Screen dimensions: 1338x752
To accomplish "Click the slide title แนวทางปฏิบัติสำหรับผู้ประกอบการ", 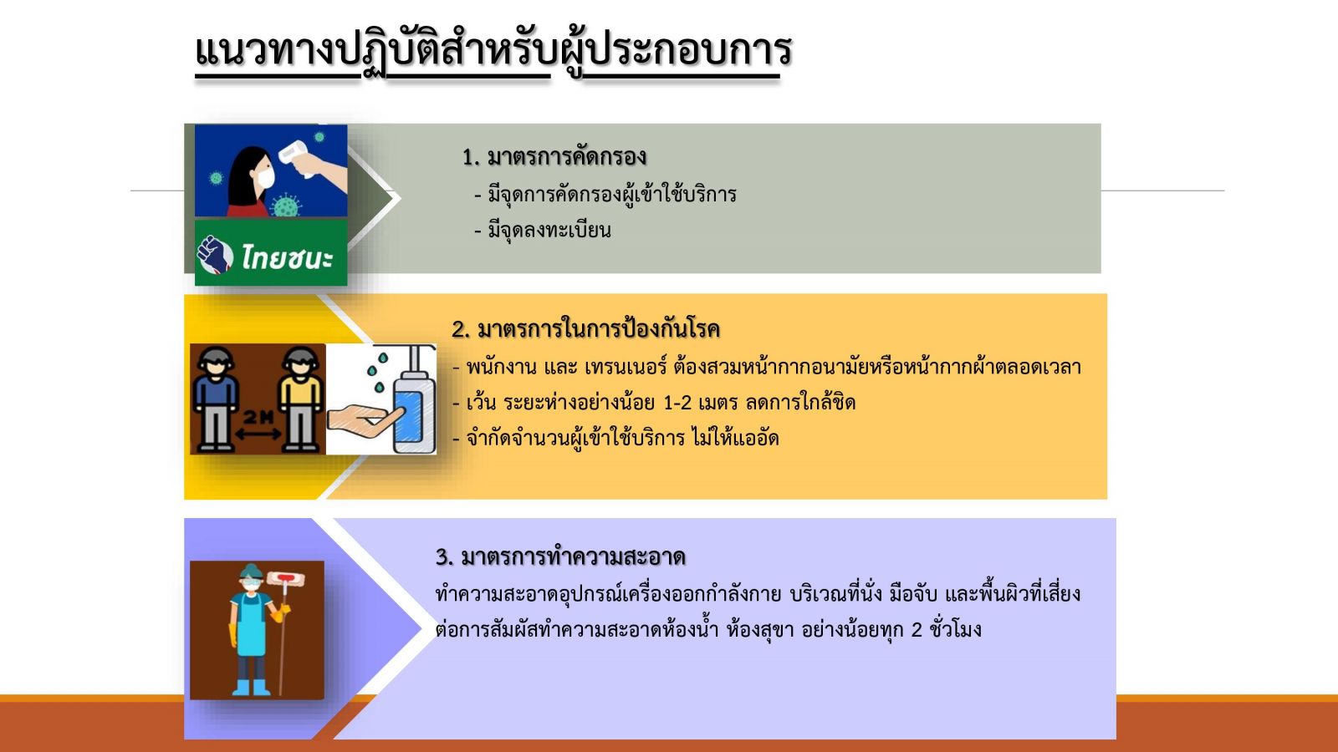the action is click(x=493, y=51).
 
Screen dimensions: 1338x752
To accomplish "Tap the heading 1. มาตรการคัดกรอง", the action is click(x=554, y=157).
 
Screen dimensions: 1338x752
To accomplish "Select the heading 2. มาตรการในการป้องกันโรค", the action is click(x=586, y=329).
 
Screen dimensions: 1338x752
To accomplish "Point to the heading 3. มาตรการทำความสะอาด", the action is click(x=560, y=556).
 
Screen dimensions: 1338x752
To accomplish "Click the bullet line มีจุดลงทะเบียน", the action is click(x=543, y=231).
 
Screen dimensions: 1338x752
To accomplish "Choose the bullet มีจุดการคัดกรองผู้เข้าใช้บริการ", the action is click(x=605, y=195).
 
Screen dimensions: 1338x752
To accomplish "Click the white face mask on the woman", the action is click(x=264, y=176).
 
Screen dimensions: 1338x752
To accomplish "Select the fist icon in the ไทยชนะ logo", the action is click(x=215, y=255).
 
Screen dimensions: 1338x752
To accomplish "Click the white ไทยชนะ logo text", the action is click(x=288, y=257).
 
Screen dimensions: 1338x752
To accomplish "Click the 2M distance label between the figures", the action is click(x=258, y=417).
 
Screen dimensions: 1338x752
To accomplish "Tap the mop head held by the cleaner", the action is click(x=285, y=577).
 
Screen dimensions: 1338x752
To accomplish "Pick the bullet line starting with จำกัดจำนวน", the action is click(x=615, y=439).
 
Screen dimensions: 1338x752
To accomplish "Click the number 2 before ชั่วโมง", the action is click(x=917, y=630).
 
